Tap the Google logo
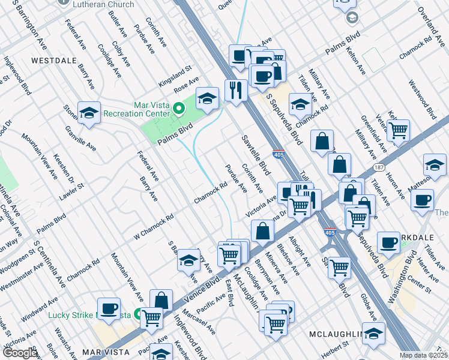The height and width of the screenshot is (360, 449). click(20, 353)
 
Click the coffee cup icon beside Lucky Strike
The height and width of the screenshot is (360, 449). click(109, 308)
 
